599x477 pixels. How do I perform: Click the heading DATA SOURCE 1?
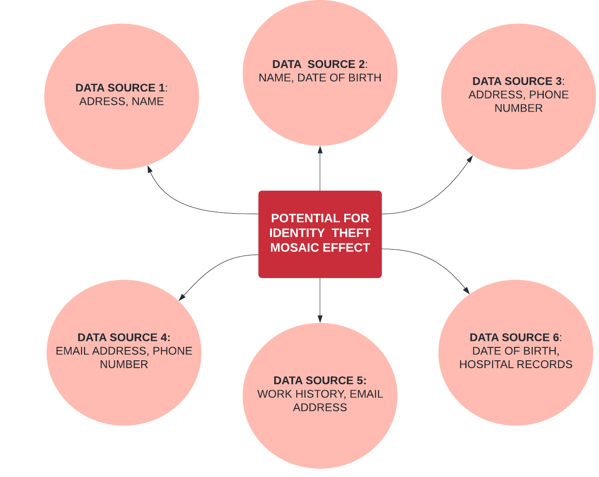[x=121, y=88]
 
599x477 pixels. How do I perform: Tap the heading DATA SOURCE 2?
[x=319, y=64]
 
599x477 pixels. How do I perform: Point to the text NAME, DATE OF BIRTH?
[x=320, y=78]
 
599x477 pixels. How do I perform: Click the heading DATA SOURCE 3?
[x=517, y=81]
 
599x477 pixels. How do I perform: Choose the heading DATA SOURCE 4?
[x=123, y=337]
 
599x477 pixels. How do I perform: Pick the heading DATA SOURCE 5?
[x=319, y=380]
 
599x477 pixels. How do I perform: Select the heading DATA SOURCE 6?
[x=515, y=337]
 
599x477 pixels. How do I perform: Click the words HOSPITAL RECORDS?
[x=516, y=364]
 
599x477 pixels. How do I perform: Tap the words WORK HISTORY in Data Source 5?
[x=301, y=394]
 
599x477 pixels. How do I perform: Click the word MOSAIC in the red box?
[x=290, y=248]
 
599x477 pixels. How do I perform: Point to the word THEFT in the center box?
[x=351, y=233]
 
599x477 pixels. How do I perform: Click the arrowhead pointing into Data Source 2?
[x=320, y=149]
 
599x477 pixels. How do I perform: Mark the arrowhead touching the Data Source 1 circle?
[x=150, y=169]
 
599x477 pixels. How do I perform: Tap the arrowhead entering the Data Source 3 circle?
[x=470, y=159]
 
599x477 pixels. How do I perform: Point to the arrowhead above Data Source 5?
[x=320, y=319]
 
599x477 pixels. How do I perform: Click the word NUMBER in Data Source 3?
[x=518, y=108]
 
